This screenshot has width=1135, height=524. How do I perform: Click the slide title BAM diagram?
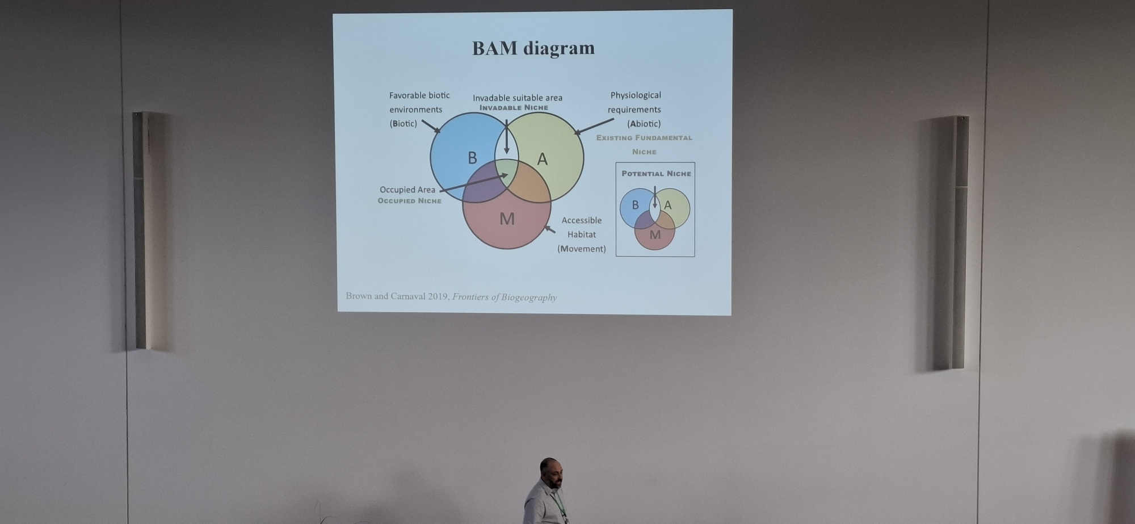pyautogui.click(x=533, y=48)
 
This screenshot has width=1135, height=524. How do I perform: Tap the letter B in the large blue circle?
pyautogui.click(x=472, y=158)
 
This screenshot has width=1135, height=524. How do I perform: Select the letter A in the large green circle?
pyautogui.click(x=542, y=160)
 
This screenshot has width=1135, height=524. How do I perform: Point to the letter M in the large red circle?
pyautogui.click(x=507, y=219)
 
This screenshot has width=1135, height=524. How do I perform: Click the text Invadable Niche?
pyautogui.click(x=514, y=108)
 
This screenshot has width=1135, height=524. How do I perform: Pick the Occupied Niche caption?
pyautogui.click(x=409, y=201)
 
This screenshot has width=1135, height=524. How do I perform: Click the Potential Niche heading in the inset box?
pyautogui.click(x=656, y=174)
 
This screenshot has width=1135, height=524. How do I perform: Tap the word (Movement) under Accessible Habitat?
pyautogui.click(x=581, y=249)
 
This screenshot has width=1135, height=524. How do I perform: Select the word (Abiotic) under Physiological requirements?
pyautogui.click(x=644, y=124)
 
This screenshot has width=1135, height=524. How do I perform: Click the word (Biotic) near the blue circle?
pyautogui.click(x=403, y=124)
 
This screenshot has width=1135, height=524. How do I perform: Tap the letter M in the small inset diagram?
pyautogui.click(x=655, y=235)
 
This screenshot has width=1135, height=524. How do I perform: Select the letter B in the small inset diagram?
pyautogui.click(x=635, y=205)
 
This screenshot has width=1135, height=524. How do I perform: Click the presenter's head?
pyautogui.click(x=550, y=472)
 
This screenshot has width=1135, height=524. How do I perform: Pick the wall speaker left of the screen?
pyautogui.click(x=140, y=230)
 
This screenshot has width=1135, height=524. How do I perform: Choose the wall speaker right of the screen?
pyautogui.click(x=959, y=242)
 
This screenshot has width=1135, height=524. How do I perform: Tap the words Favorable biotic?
pyautogui.click(x=419, y=95)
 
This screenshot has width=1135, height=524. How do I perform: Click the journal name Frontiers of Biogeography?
pyautogui.click(x=504, y=297)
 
